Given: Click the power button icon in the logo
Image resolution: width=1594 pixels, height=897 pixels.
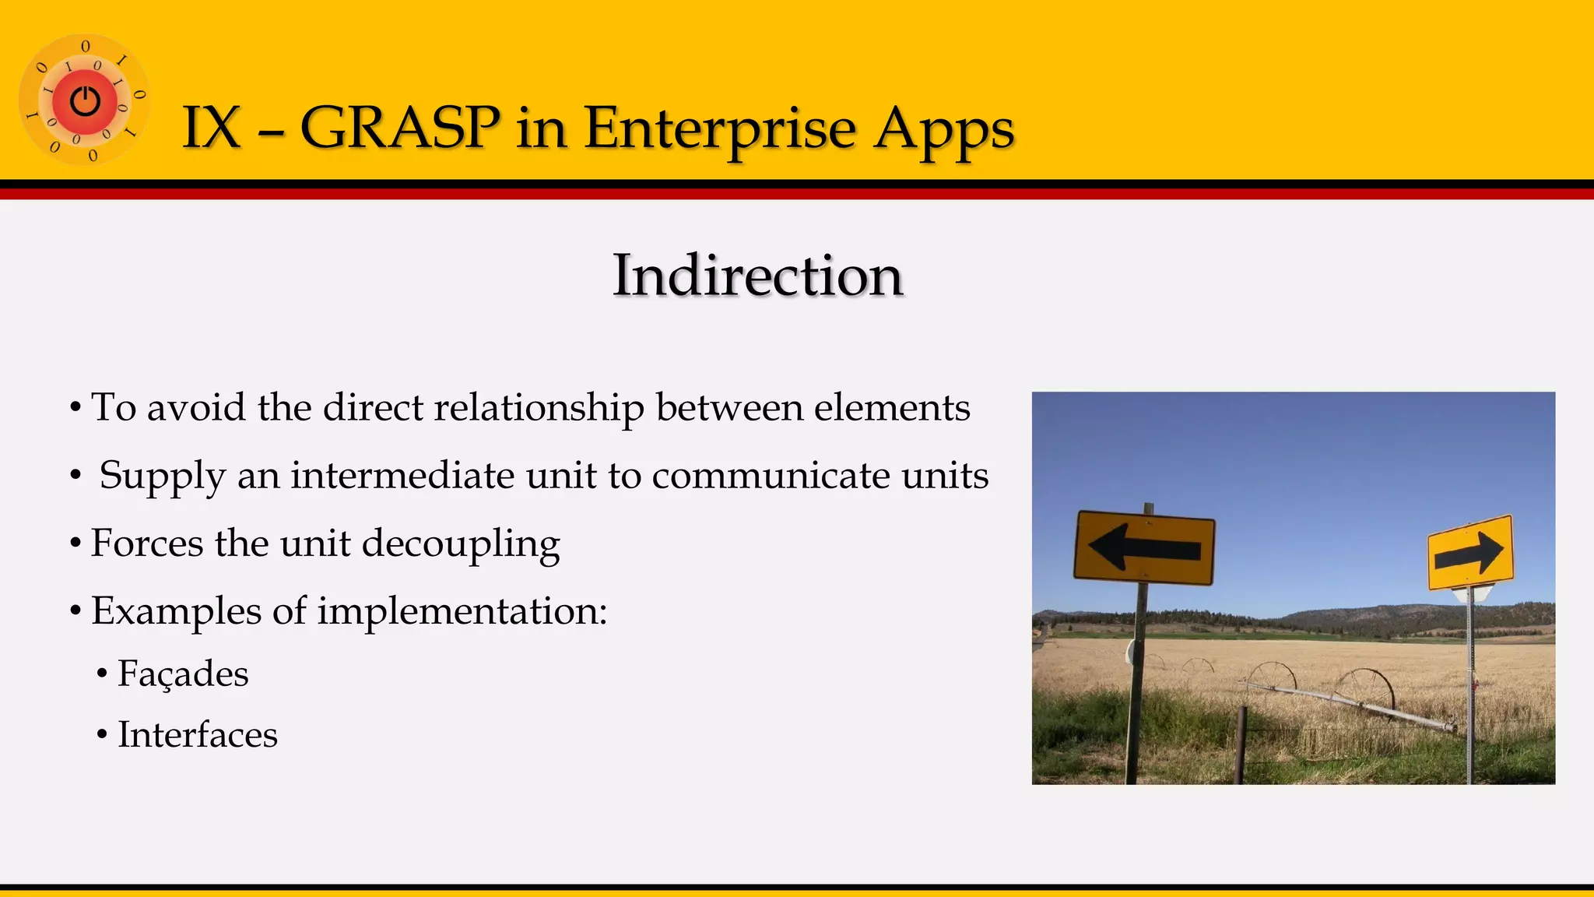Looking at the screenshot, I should click(85, 101).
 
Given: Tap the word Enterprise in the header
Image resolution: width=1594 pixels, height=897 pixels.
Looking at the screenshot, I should click(721, 128).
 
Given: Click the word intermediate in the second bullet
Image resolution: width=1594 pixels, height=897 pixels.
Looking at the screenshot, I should click(402, 475).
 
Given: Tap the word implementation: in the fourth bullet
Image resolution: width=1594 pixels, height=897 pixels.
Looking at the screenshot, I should click(462, 610).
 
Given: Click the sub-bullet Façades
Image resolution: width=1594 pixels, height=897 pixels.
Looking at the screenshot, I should click(183, 674).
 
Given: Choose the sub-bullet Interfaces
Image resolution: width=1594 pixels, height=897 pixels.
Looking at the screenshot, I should click(197, 734).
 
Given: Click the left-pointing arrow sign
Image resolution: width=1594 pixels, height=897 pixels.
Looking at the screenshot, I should click(1144, 547).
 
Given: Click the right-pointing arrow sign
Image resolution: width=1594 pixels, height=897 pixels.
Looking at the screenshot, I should click(1469, 552).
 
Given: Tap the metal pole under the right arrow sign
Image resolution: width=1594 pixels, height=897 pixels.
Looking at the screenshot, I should click(1469, 685).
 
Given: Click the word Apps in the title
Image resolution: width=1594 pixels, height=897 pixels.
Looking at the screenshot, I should click(943, 128).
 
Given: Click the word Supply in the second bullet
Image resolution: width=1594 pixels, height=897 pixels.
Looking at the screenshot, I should click(162, 477).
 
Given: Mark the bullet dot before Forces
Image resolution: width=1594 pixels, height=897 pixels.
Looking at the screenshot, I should click(75, 543).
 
